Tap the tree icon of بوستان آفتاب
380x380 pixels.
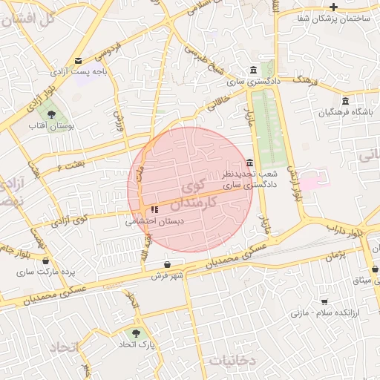[x=51, y=114]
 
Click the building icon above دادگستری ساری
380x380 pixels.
[x=254, y=69]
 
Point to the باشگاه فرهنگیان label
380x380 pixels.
[x=345, y=112]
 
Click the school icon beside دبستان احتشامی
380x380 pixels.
[x=154, y=210]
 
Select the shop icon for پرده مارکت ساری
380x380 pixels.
[x=47, y=261]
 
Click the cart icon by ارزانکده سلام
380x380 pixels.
[x=324, y=301]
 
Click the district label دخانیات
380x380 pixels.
[x=232, y=361]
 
